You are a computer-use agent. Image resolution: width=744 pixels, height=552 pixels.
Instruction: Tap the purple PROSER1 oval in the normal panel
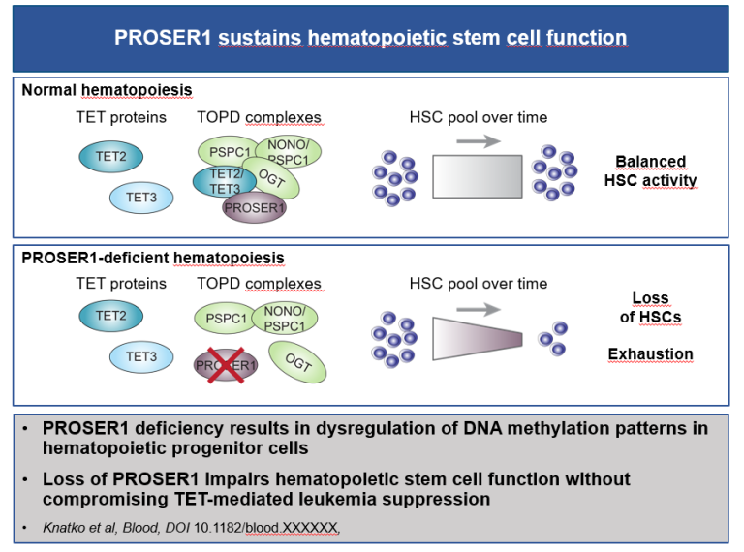[x=254, y=206]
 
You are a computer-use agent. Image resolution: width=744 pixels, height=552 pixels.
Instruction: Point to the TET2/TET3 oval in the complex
[x=219, y=182]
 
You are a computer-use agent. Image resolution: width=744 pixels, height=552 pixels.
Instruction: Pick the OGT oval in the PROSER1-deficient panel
[x=300, y=363]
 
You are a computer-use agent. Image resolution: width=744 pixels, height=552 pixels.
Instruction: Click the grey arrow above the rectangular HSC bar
[x=479, y=141]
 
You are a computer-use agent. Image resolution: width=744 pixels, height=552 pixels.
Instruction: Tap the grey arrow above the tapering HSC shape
[x=479, y=309]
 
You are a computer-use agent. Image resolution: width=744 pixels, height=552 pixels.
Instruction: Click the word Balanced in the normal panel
[x=650, y=162]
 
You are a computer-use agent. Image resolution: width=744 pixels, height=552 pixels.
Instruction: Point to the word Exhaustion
[x=650, y=354]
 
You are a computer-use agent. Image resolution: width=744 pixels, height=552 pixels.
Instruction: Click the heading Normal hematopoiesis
[x=107, y=90]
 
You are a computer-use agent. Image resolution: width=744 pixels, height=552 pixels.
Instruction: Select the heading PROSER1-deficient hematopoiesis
[x=153, y=258]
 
